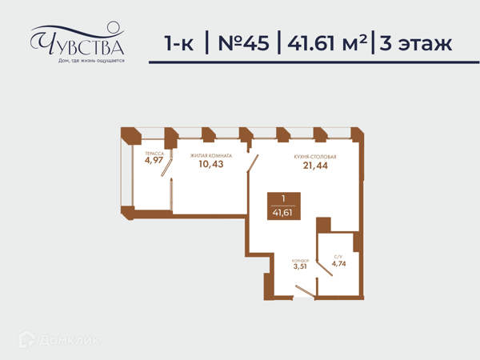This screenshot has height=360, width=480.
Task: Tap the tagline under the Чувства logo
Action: tap(91, 61)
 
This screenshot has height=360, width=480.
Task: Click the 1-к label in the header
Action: tap(179, 43)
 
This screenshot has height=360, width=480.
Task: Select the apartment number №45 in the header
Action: tap(243, 43)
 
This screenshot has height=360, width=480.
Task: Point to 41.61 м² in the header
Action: tap(327, 42)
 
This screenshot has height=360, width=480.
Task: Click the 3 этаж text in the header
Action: tap(416, 43)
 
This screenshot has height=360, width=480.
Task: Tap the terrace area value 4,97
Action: tap(154, 160)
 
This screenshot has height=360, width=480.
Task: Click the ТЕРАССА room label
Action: tap(154, 154)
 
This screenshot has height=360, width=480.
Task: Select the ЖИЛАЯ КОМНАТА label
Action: tap(211, 156)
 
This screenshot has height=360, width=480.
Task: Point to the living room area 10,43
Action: tap(211, 164)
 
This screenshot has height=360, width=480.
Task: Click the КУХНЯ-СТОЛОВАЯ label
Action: tap(315, 157)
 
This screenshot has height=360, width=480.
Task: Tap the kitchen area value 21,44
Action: tap(315, 166)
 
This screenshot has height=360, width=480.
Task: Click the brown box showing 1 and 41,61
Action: tap(284, 206)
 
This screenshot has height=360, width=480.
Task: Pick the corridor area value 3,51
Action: tap(300, 266)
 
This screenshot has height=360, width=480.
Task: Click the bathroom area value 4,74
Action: tap(339, 263)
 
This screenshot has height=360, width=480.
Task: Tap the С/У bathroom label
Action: tap(338, 257)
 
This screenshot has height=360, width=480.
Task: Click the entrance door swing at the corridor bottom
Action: tap(306, 291)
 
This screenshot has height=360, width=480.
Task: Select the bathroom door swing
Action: tap(325, 268)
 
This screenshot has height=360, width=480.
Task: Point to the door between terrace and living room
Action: tap(167, 166)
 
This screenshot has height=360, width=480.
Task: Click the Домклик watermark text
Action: tap(69, 340)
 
